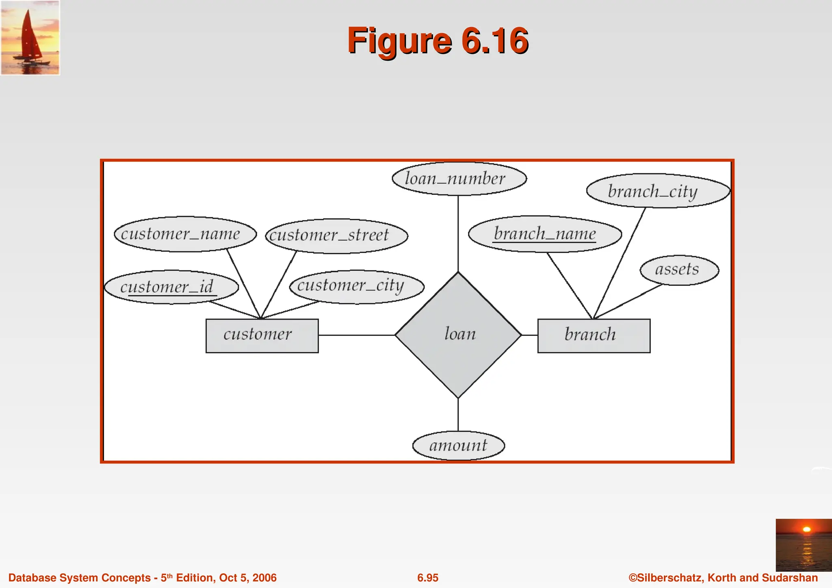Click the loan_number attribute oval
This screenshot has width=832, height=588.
[459, 179]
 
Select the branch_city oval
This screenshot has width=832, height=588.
[658, 191]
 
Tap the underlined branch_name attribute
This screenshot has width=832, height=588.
[545, 234]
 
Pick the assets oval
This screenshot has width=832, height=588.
[679, 270]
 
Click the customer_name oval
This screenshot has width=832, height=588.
[185, 234]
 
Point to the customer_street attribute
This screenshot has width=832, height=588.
[336, 236]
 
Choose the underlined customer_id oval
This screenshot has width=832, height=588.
[171, 287]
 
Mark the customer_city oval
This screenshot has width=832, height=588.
[357, 286]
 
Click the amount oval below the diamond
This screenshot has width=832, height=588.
[458, 445]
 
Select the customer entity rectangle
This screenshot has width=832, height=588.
[262, 335]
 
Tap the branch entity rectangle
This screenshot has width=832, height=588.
[594, 335]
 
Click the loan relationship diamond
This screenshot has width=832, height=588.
[458, 335]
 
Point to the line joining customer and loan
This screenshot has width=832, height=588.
[357, 335]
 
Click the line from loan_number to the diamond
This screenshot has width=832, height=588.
[458, 233]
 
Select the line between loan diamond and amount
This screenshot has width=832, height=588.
[458, 414]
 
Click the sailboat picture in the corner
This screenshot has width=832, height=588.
[30, 38]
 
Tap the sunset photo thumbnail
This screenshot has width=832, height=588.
[804, 545]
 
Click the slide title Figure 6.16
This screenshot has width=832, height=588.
[438, 41]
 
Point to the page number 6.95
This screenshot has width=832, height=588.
[428, 577]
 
